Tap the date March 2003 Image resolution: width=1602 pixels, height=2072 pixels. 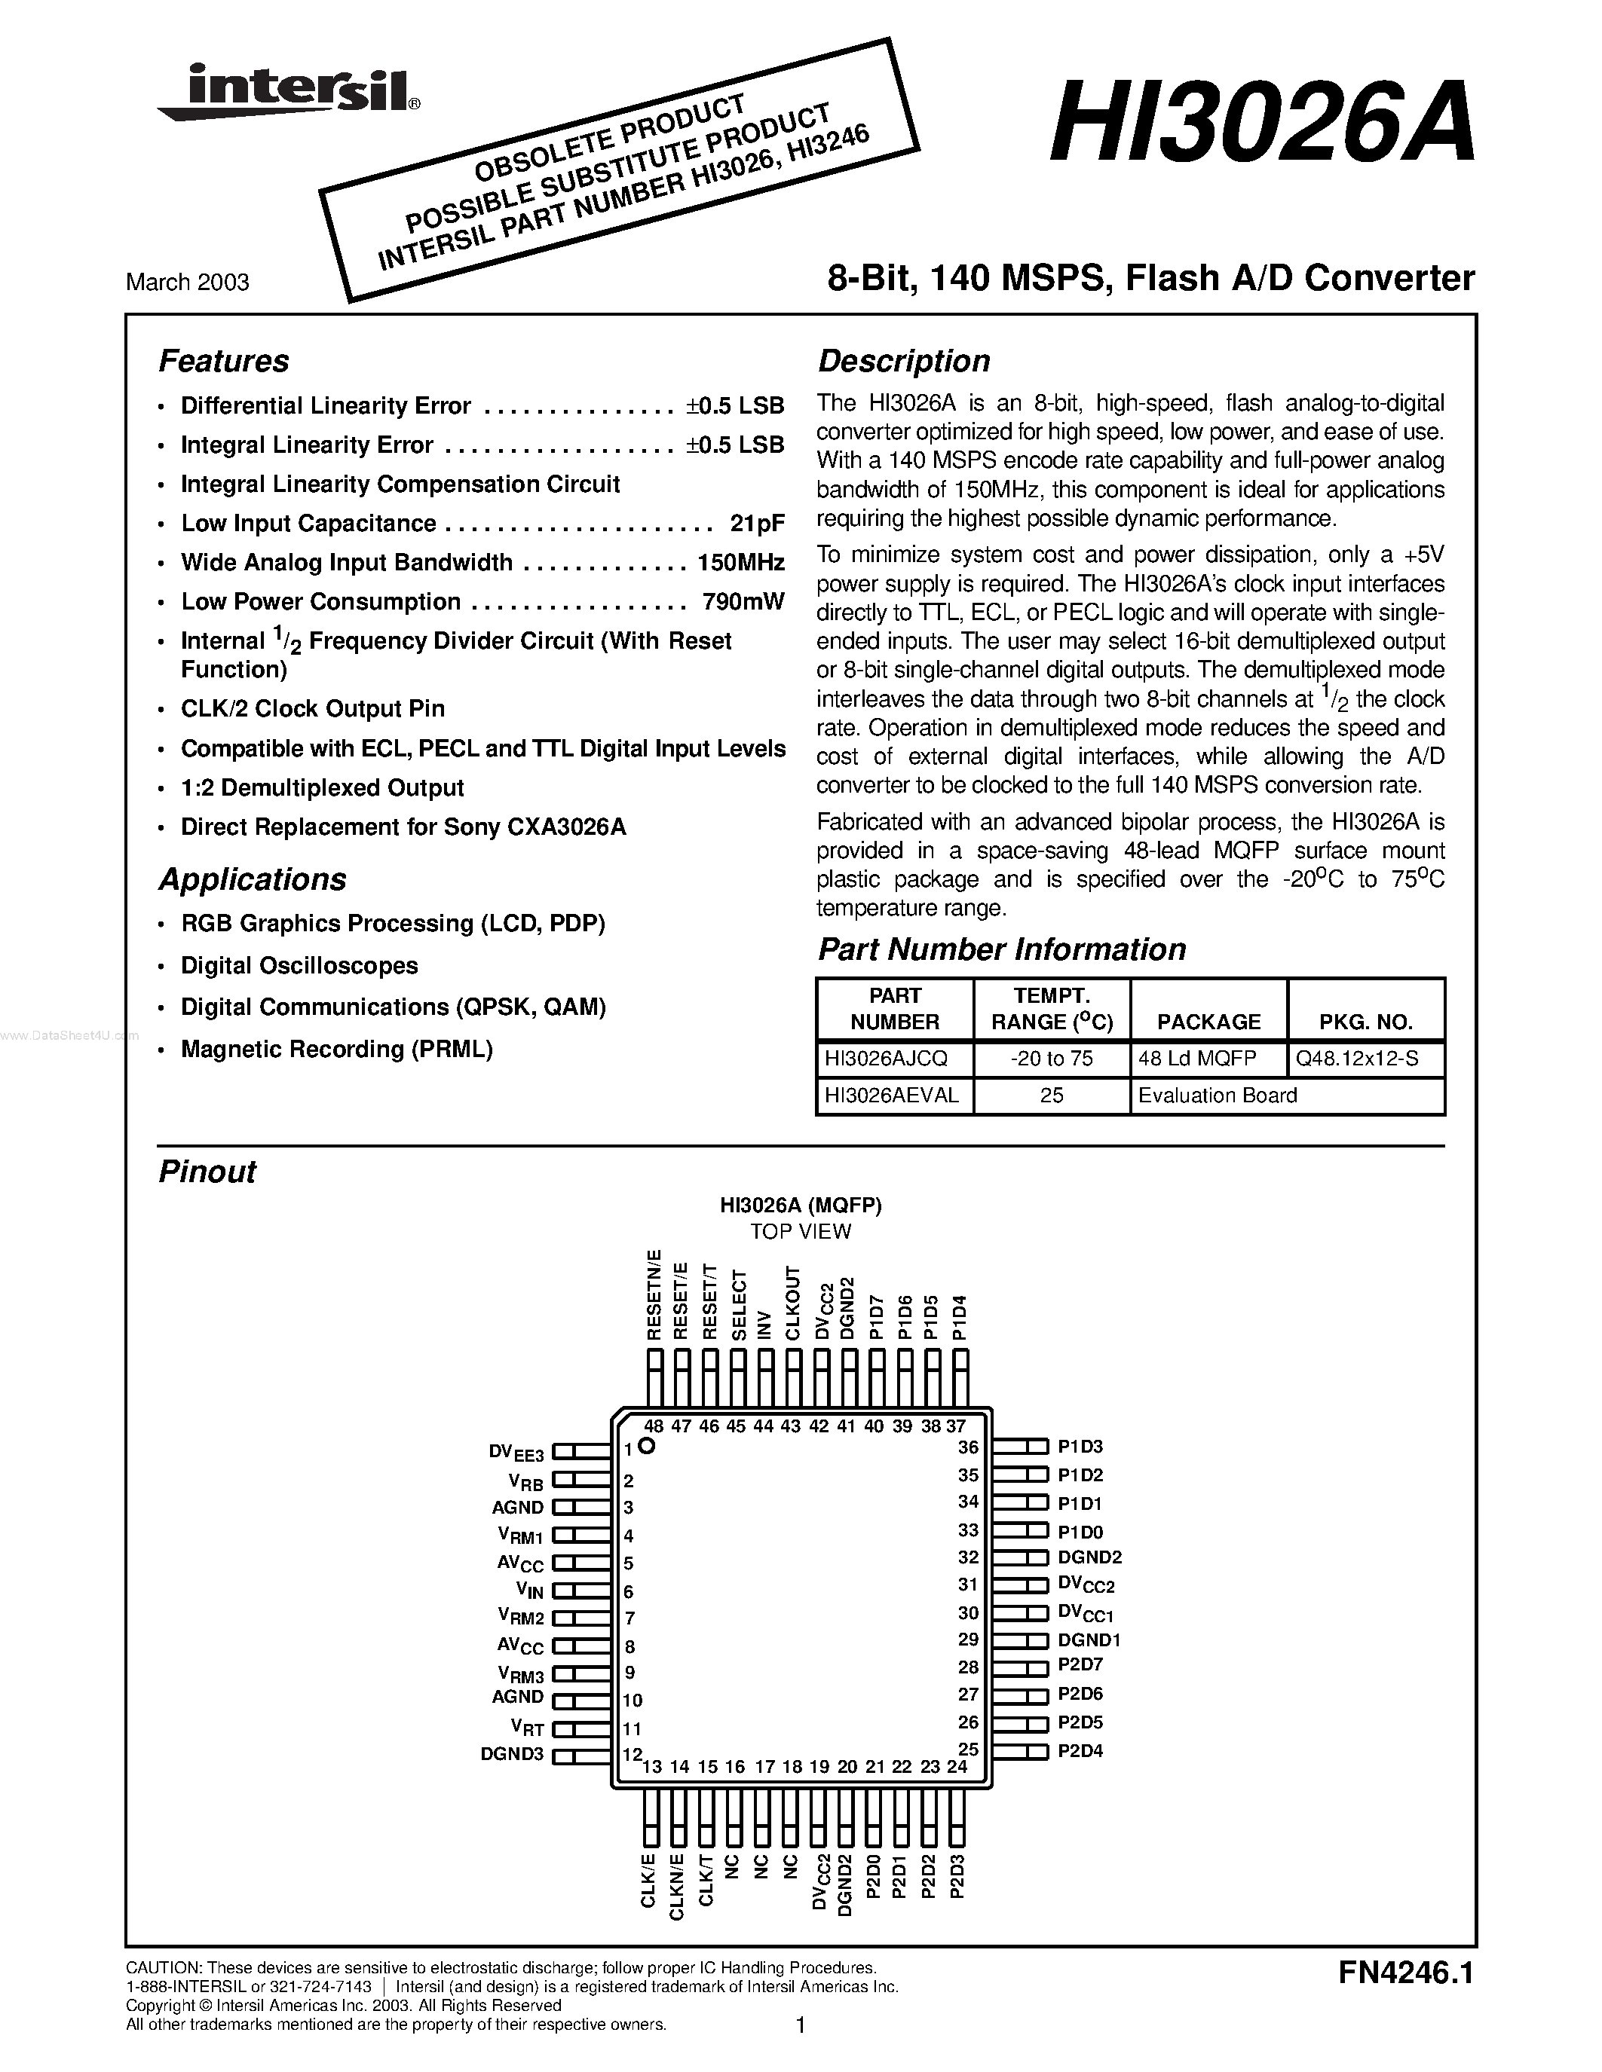[x=188, y=282]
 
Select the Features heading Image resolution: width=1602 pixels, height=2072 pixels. [x=223, y=360]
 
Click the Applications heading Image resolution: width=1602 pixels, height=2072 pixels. [x=252, y=879]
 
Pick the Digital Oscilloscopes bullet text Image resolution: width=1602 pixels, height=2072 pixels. [x=299, y=965]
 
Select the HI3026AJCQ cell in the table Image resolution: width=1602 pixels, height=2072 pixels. [x=886, y=1058]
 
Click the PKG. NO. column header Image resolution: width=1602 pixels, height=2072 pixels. [x=1366, y=1022]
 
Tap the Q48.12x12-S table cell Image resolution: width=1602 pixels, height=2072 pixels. [x=1357, y=1058]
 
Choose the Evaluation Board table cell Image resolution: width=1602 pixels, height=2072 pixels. [x=1217, y=1095]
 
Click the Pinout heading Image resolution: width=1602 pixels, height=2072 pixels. [x=207, y=1172]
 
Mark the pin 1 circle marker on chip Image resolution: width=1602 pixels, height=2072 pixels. [x=648, y=1446]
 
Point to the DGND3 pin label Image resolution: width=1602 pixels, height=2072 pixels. [x=512, y=1754]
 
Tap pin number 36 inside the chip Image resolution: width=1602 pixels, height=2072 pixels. [x=967, y=1447]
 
